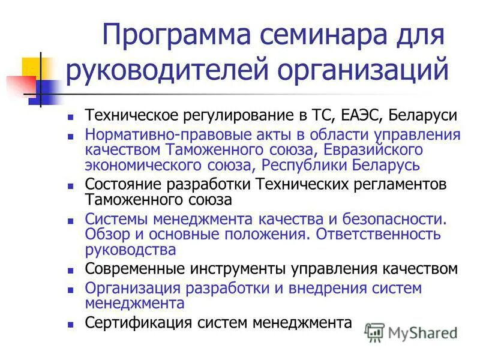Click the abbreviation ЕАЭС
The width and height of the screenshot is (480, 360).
coord(344,115)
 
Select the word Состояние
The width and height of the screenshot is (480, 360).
coord(124,184)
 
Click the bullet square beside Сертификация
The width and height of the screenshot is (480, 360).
coord(70,325)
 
